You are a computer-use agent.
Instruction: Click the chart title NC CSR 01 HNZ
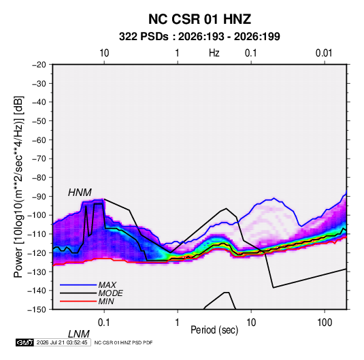tap(199, 19)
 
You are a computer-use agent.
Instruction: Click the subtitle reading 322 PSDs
tap(144, 37)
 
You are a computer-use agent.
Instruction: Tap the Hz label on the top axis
tap(214, 53)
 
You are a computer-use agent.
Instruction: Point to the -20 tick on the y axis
tap(39, 65)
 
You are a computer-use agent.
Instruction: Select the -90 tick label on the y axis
tap(39, 197)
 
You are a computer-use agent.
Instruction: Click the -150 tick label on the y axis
tap(37, 310)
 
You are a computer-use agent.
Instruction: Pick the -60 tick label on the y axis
tap(39, 140)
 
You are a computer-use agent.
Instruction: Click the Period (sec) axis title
tap(214, 330)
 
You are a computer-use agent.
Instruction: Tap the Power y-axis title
tap(18, 187)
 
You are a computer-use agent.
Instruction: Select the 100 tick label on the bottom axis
tap(325, 323)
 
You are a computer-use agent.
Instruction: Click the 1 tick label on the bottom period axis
tap(178, 323)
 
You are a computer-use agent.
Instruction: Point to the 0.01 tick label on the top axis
tap(324, 53)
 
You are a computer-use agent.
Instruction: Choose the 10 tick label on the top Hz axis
tap(104, 53)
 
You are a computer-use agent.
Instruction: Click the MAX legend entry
tap(107, 285)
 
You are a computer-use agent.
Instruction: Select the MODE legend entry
tap(110, 293)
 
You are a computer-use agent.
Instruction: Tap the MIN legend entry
tap(106, 301)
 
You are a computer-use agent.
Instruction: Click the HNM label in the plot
tap(80, 193)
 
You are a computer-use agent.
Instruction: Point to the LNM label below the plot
tap(79, 334)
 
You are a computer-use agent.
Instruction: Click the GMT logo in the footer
tap(25, 342)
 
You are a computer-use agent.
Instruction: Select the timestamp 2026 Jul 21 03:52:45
tap(62, 342)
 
